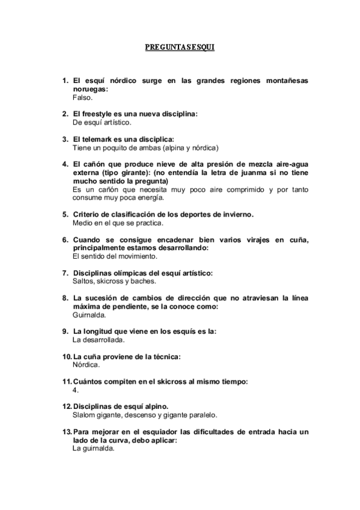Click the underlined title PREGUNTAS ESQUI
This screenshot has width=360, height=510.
pos(180,46)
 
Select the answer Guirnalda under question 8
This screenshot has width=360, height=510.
pos(90,315)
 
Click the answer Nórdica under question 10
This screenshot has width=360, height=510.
pos(86,364)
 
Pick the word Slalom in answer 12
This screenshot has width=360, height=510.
pos(84,415)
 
